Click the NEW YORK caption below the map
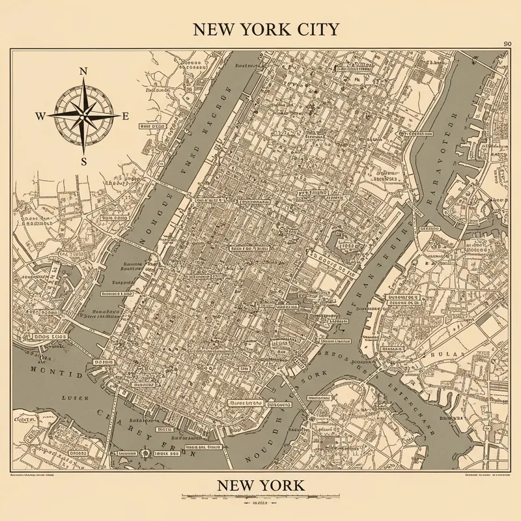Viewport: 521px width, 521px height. pos(260,485)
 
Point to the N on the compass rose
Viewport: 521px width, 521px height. pos(83,72)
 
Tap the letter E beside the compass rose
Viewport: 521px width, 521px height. pos(126,117)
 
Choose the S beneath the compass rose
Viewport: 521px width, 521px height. pos(83,162)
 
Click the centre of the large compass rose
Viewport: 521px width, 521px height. pos(83,116)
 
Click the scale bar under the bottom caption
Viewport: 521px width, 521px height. pos(260,497)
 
